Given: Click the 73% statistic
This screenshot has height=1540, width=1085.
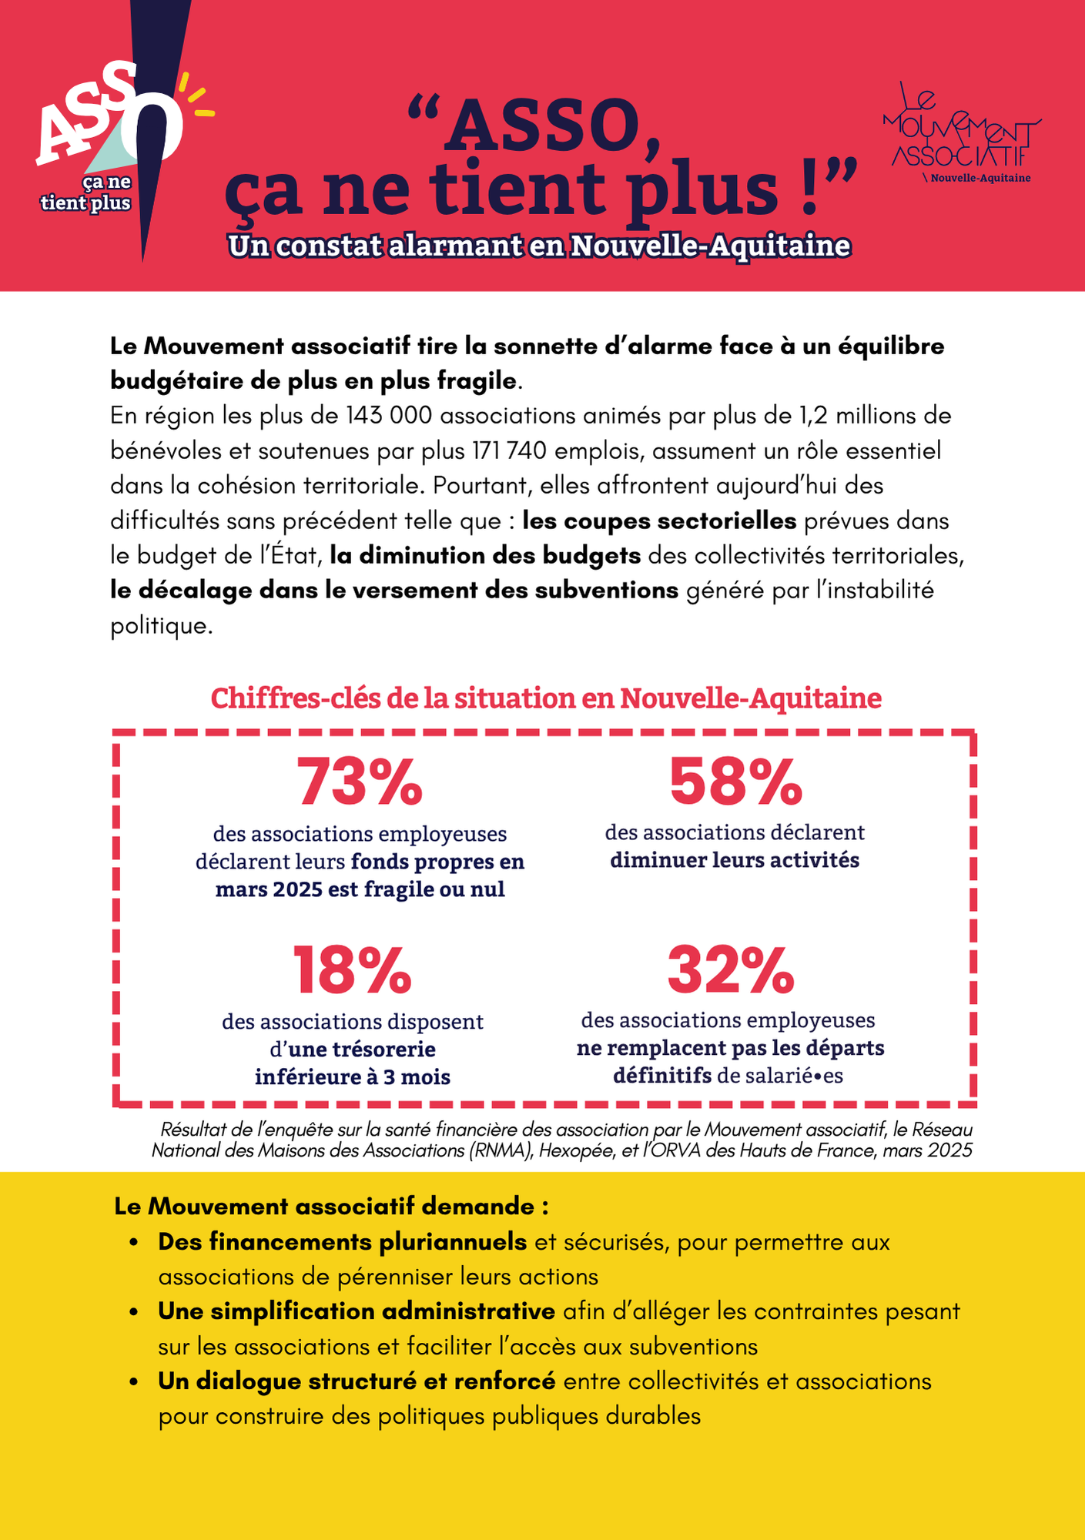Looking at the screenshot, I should (360, 782).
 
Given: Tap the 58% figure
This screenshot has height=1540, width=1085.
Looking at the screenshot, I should (735, 782).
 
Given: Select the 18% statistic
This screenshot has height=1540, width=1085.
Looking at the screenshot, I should (353, 970).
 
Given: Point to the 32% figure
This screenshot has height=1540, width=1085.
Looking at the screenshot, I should (731, 970).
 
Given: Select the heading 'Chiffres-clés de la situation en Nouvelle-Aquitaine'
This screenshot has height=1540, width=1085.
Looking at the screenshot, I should (546, 698).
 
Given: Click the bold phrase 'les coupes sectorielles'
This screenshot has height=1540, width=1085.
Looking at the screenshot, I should (659, 521).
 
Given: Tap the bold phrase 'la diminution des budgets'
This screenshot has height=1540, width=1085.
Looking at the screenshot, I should (485, 556).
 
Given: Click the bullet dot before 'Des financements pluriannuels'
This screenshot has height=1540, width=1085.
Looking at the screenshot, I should (134, 1243).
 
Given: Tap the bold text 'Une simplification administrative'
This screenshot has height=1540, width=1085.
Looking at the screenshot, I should (357, 1311).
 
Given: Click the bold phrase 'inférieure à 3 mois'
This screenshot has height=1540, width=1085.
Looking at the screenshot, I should (353, 1076).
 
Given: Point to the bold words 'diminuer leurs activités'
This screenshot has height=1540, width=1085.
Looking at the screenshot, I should (735, 860).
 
